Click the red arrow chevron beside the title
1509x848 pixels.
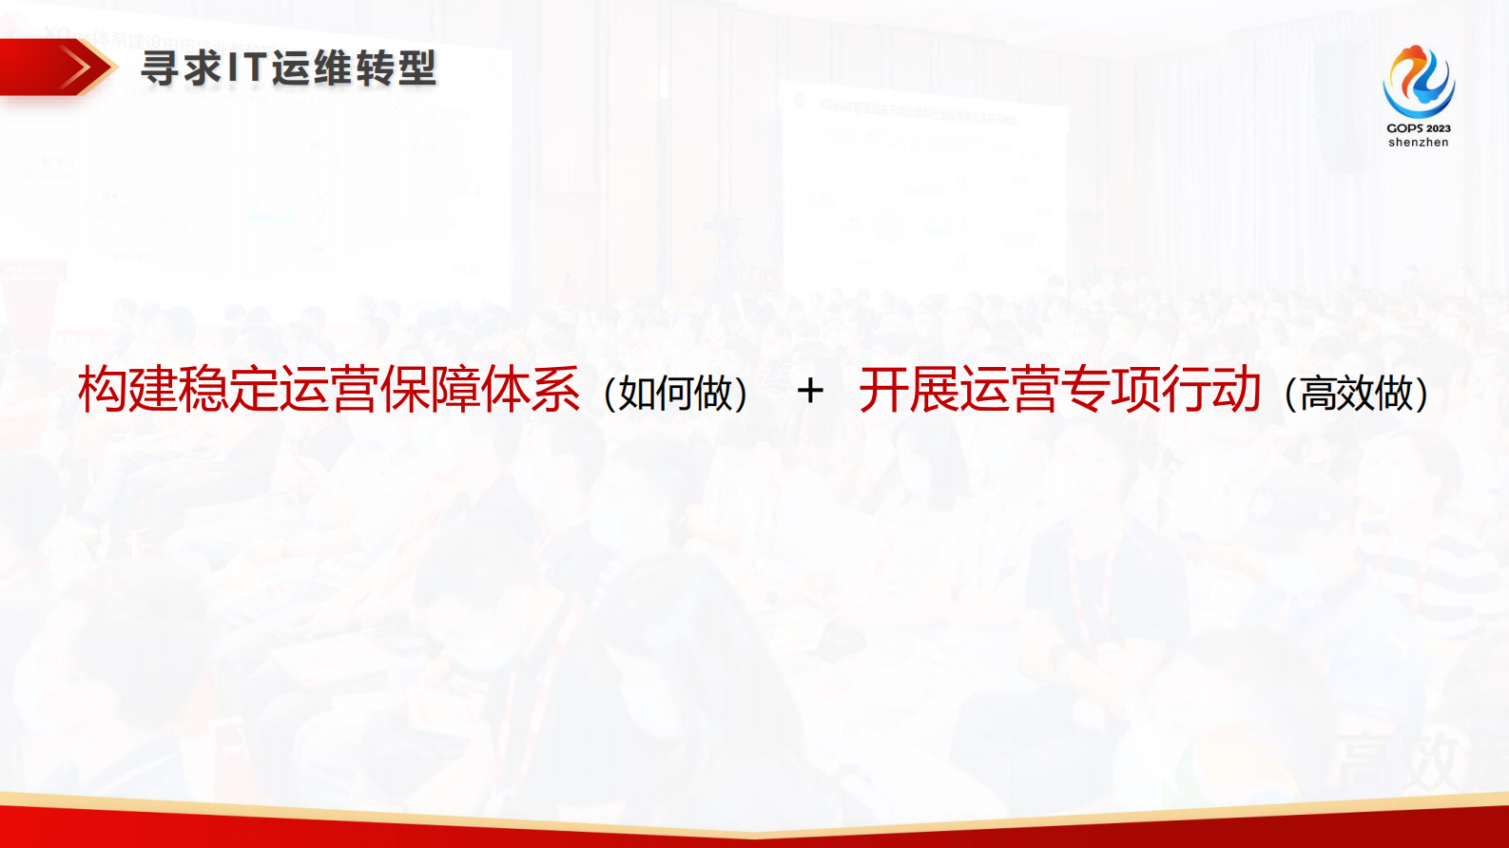pyautogui.click(x=81, y=67)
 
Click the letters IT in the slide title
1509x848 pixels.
pyautogui.click(x=244, y=68)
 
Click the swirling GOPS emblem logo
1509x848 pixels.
pyautogui.click(x=1418, y=82)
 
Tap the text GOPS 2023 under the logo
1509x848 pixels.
pyautogui.click(x=1418, y=128)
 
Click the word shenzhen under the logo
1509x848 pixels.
pyautogui.click(x=1418, y=143)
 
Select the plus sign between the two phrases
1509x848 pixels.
pyautogui.click(x=810, y=391)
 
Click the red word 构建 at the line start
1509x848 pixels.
pyautogui.click(x=127, y=390)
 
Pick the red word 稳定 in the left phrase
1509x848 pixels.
pyautogui.click(x=228, y=390)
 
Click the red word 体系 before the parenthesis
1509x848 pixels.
pyautogui.click(x=531, y=390)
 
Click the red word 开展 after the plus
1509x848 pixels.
pyautogui.click(x=908, y=390)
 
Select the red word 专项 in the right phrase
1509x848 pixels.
pyautogui.click(x=1110, y=390)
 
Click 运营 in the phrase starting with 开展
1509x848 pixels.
pyautogui.click(x=1009, y=390)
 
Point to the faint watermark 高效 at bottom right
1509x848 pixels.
pyautogui.click(x=1398, y=761)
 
